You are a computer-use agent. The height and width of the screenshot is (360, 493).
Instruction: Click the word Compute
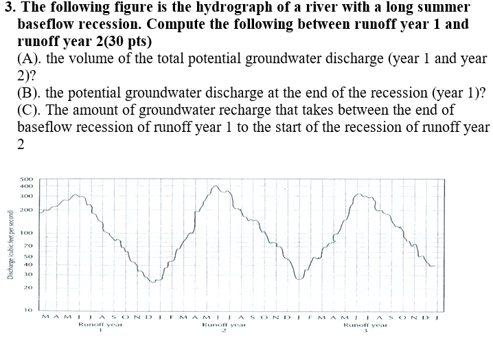coord(179,25)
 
